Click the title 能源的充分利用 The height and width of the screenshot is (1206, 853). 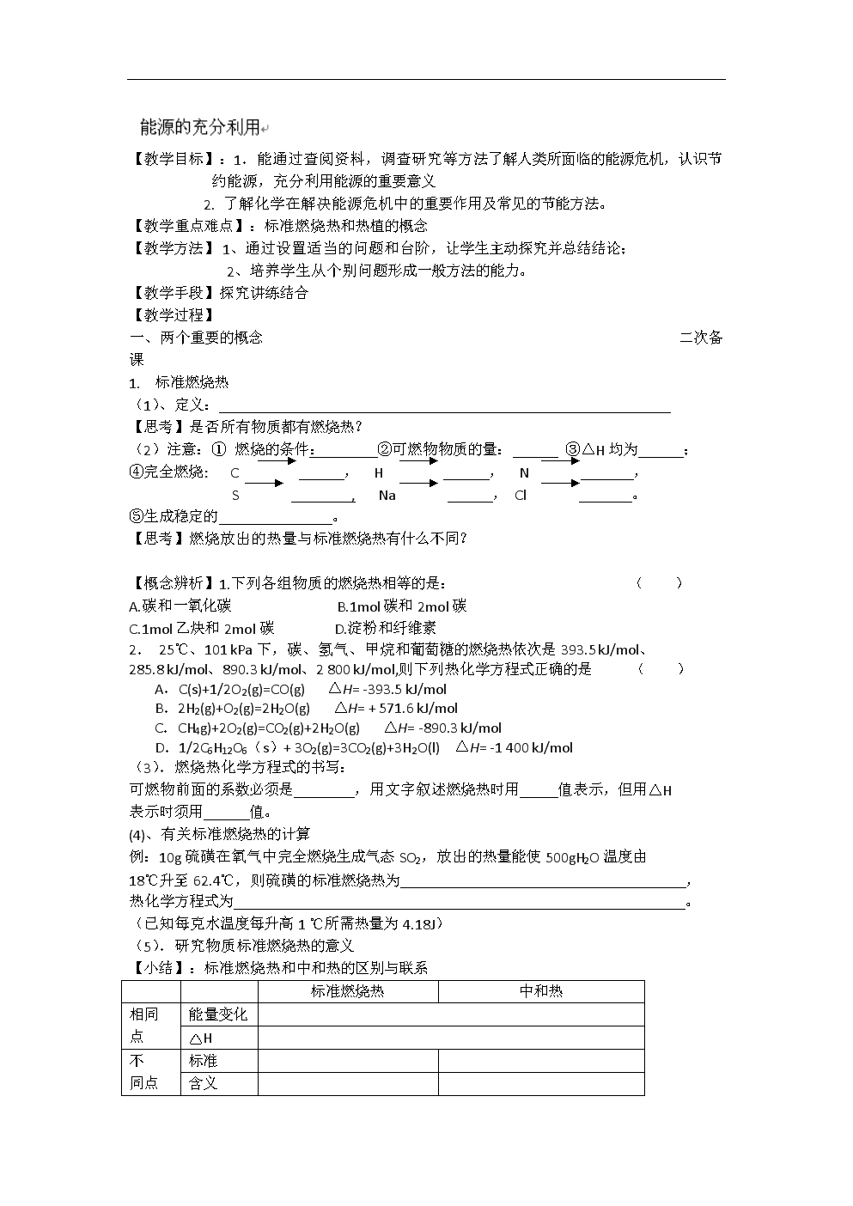pos(199,127)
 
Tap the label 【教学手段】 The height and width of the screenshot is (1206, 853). pos(173,293)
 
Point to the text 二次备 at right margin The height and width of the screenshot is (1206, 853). pos(701,338)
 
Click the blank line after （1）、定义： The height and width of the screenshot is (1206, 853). pos(444,406)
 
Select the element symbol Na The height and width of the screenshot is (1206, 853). pos(387,496)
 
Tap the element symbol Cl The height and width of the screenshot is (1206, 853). pos(521,496)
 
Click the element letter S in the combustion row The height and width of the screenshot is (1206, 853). pos(235,496)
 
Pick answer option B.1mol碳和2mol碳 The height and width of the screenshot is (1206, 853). pos(401,606)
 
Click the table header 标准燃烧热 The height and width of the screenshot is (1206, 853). pos(347,991)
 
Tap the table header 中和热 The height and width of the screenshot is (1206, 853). pos(541,991)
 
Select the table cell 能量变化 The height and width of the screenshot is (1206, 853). pos(218,1014)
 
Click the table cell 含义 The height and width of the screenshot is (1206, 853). pos(204,1083)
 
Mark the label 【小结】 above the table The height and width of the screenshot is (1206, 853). pos(161,968)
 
